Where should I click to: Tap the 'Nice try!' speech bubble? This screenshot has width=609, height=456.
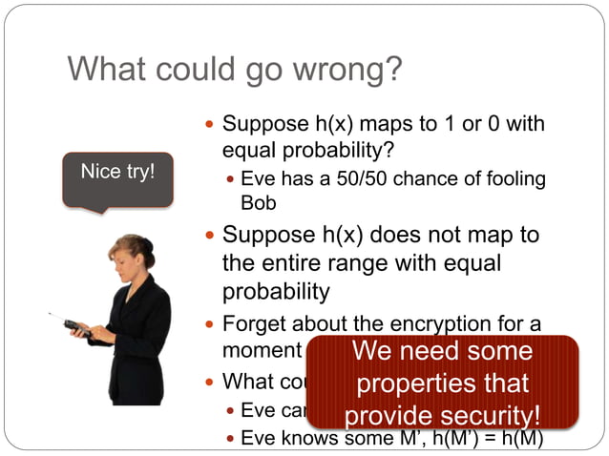coord(118,176)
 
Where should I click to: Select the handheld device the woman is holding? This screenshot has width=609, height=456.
coord(73,327)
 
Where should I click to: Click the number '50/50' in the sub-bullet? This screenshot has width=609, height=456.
coord(386,178)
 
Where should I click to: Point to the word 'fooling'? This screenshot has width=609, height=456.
coord(516,178)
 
